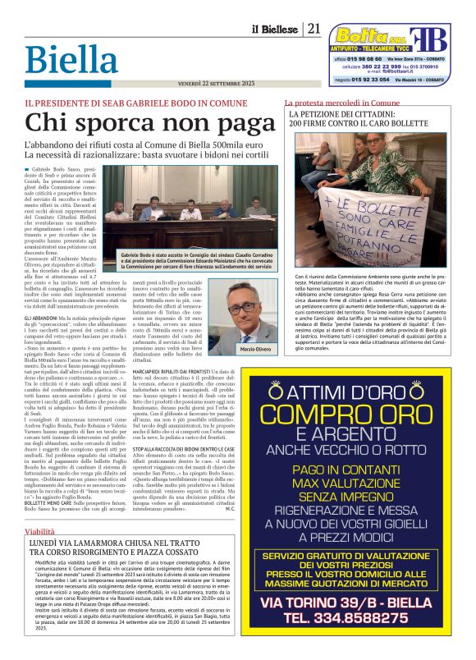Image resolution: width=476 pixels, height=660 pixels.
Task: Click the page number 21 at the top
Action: [314, 29]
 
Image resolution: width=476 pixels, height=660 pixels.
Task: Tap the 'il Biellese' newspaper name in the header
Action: [275, 30]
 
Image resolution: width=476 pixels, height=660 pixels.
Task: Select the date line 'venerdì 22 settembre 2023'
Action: [216, 84]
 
